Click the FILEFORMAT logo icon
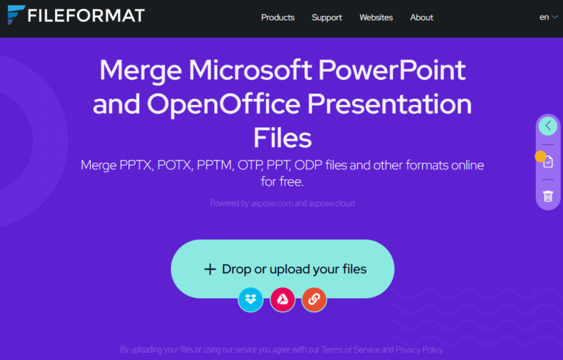[15, 15]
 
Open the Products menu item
[278, 18]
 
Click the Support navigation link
[326, 18]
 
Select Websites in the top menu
[376, 18]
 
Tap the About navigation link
[422, 18]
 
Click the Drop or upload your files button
[282, 269]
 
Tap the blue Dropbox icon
[251, 299]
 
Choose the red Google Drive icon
[282, 299]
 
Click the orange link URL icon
[314, 299]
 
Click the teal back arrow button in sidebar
[548, 126]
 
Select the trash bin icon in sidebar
[548, 196]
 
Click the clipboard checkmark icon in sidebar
[548, 161]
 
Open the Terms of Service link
[352, 350]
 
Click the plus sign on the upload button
[210, 269]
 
